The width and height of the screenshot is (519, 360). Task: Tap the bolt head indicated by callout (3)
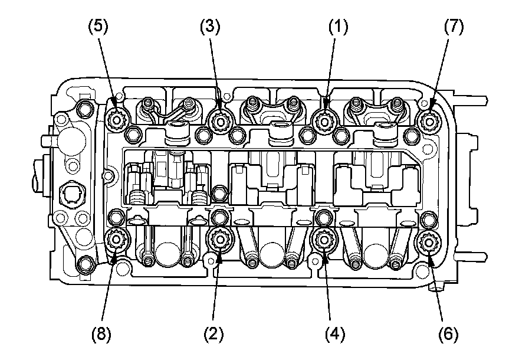click(x=222, y=121)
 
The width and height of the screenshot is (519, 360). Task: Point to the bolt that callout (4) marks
click(x=323, y=240)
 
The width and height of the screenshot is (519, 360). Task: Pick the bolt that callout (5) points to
click(x=116, y=121)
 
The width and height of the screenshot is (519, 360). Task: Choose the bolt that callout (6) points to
click(x=426, y=241)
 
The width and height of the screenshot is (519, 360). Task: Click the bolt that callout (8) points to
click(x=116, y=240)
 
